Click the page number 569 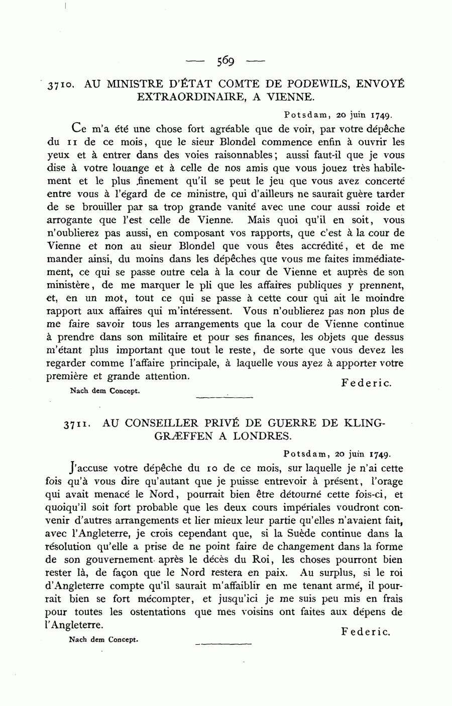(226, 61)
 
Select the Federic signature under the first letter (366, 383)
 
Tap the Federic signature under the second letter (365, 632)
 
